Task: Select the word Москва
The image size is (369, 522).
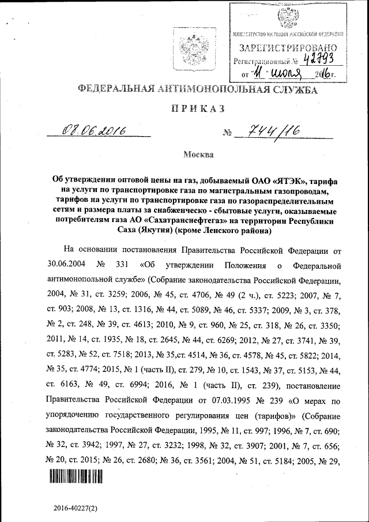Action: tap(198, 155)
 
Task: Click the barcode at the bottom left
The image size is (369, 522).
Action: tap(76, 476)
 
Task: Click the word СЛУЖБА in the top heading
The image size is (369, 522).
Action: tap(287, 89)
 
